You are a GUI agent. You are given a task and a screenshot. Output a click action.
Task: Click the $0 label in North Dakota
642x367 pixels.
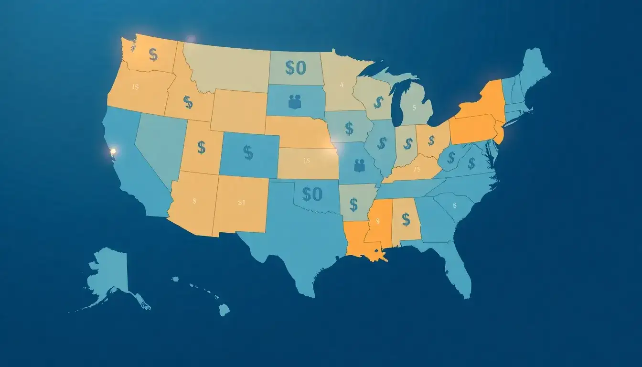coord(295,68)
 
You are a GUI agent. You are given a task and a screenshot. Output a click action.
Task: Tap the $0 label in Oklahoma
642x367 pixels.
coord(312,194)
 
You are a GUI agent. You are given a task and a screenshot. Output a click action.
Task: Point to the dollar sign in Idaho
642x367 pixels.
coord(188,102)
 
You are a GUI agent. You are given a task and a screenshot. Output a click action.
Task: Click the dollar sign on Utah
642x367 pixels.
coord(201,147)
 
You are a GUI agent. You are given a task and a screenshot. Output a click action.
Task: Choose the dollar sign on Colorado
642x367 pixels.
coord(248,152)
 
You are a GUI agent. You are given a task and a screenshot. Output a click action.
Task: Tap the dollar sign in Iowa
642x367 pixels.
coord(349,128)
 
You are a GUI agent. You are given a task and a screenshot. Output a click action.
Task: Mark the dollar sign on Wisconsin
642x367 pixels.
coord(378,102)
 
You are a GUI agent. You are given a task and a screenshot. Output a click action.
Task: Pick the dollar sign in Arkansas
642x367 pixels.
coord(353,205)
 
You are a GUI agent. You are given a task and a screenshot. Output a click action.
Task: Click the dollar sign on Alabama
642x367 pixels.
coord(406,219)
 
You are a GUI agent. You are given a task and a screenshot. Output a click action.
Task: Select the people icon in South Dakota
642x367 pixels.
coord(295,101)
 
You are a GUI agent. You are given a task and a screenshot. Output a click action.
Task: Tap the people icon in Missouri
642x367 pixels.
coord(359,165)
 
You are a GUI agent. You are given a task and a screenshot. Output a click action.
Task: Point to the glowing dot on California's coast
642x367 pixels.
coord(113,152)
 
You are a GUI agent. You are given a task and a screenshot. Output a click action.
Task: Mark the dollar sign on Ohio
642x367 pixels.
coord(431,140)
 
